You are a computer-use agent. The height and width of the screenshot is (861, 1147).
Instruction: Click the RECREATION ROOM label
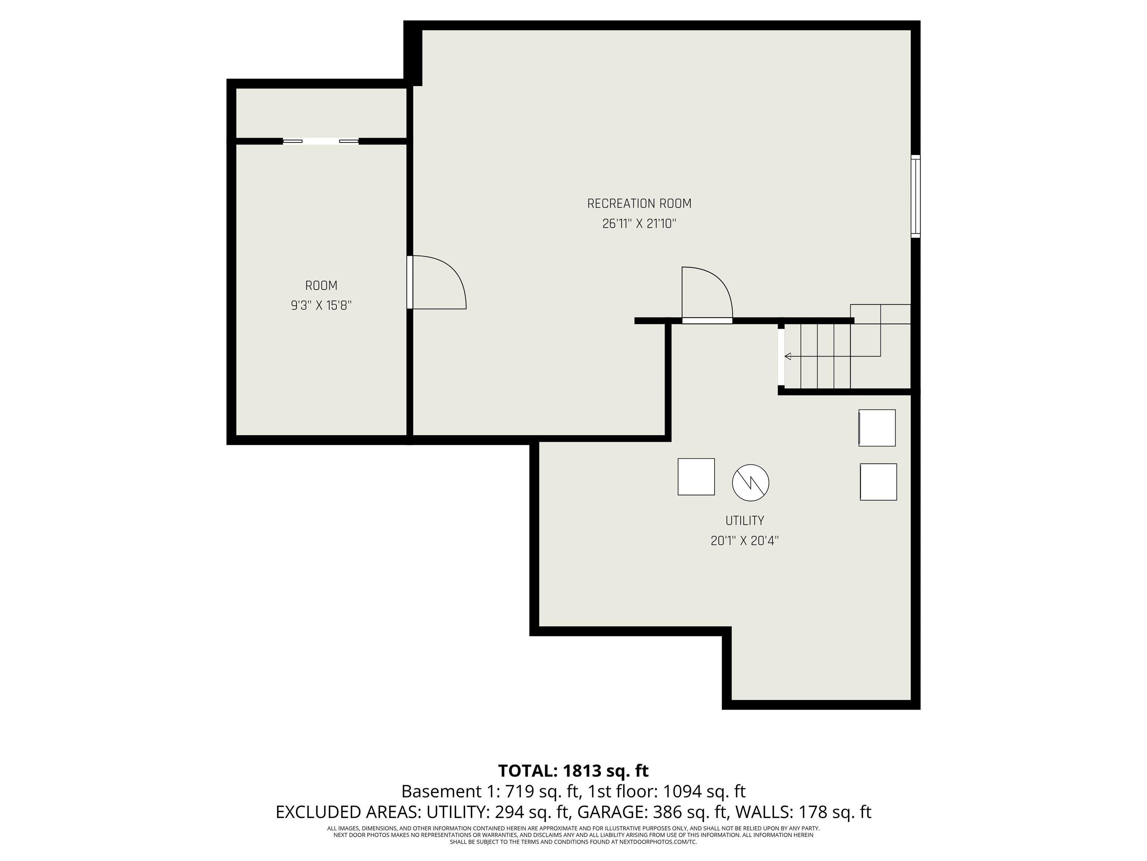pos(639,203)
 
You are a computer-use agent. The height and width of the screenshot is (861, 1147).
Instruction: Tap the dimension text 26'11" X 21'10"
pos(639,224)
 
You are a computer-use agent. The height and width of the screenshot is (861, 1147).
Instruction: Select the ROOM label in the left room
pos(321,286)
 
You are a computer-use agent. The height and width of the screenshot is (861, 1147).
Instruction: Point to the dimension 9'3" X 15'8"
pos(321,305)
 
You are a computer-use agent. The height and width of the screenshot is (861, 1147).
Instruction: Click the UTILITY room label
pos(745,521)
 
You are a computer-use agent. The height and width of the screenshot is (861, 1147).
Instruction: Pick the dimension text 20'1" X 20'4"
pos(745,541)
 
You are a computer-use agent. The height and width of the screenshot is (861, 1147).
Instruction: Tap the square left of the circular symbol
pos(696,476)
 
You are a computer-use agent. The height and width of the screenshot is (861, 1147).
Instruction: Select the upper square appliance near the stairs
pos(877,428)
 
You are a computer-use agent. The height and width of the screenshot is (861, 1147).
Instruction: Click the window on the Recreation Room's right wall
pos(916,196)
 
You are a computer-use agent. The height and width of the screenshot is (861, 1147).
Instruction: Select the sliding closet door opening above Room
pos(320,141)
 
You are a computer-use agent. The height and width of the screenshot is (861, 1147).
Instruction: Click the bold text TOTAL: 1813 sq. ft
pos(573,771)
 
